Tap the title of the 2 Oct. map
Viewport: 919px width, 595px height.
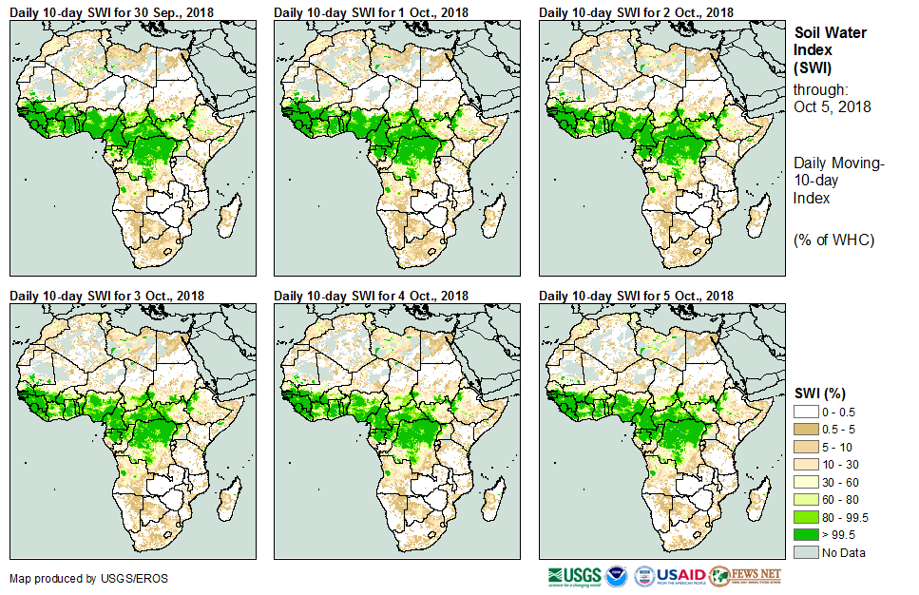point(636,12)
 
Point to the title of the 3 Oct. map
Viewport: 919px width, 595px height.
point(106,297)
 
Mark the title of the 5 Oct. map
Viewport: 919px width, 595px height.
point(636,297)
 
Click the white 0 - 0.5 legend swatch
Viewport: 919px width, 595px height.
point(804,411)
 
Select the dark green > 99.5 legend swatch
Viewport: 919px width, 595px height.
point(804,535)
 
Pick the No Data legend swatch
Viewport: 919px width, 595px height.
point(804,552)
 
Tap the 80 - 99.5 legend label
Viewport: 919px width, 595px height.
point(846,517)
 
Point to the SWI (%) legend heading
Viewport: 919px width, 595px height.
point(820,393)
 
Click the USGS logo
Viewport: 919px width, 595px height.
point(573,576)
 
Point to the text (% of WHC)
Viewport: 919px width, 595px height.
point(833,240)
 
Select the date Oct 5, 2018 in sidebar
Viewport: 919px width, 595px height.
point(833,106)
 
